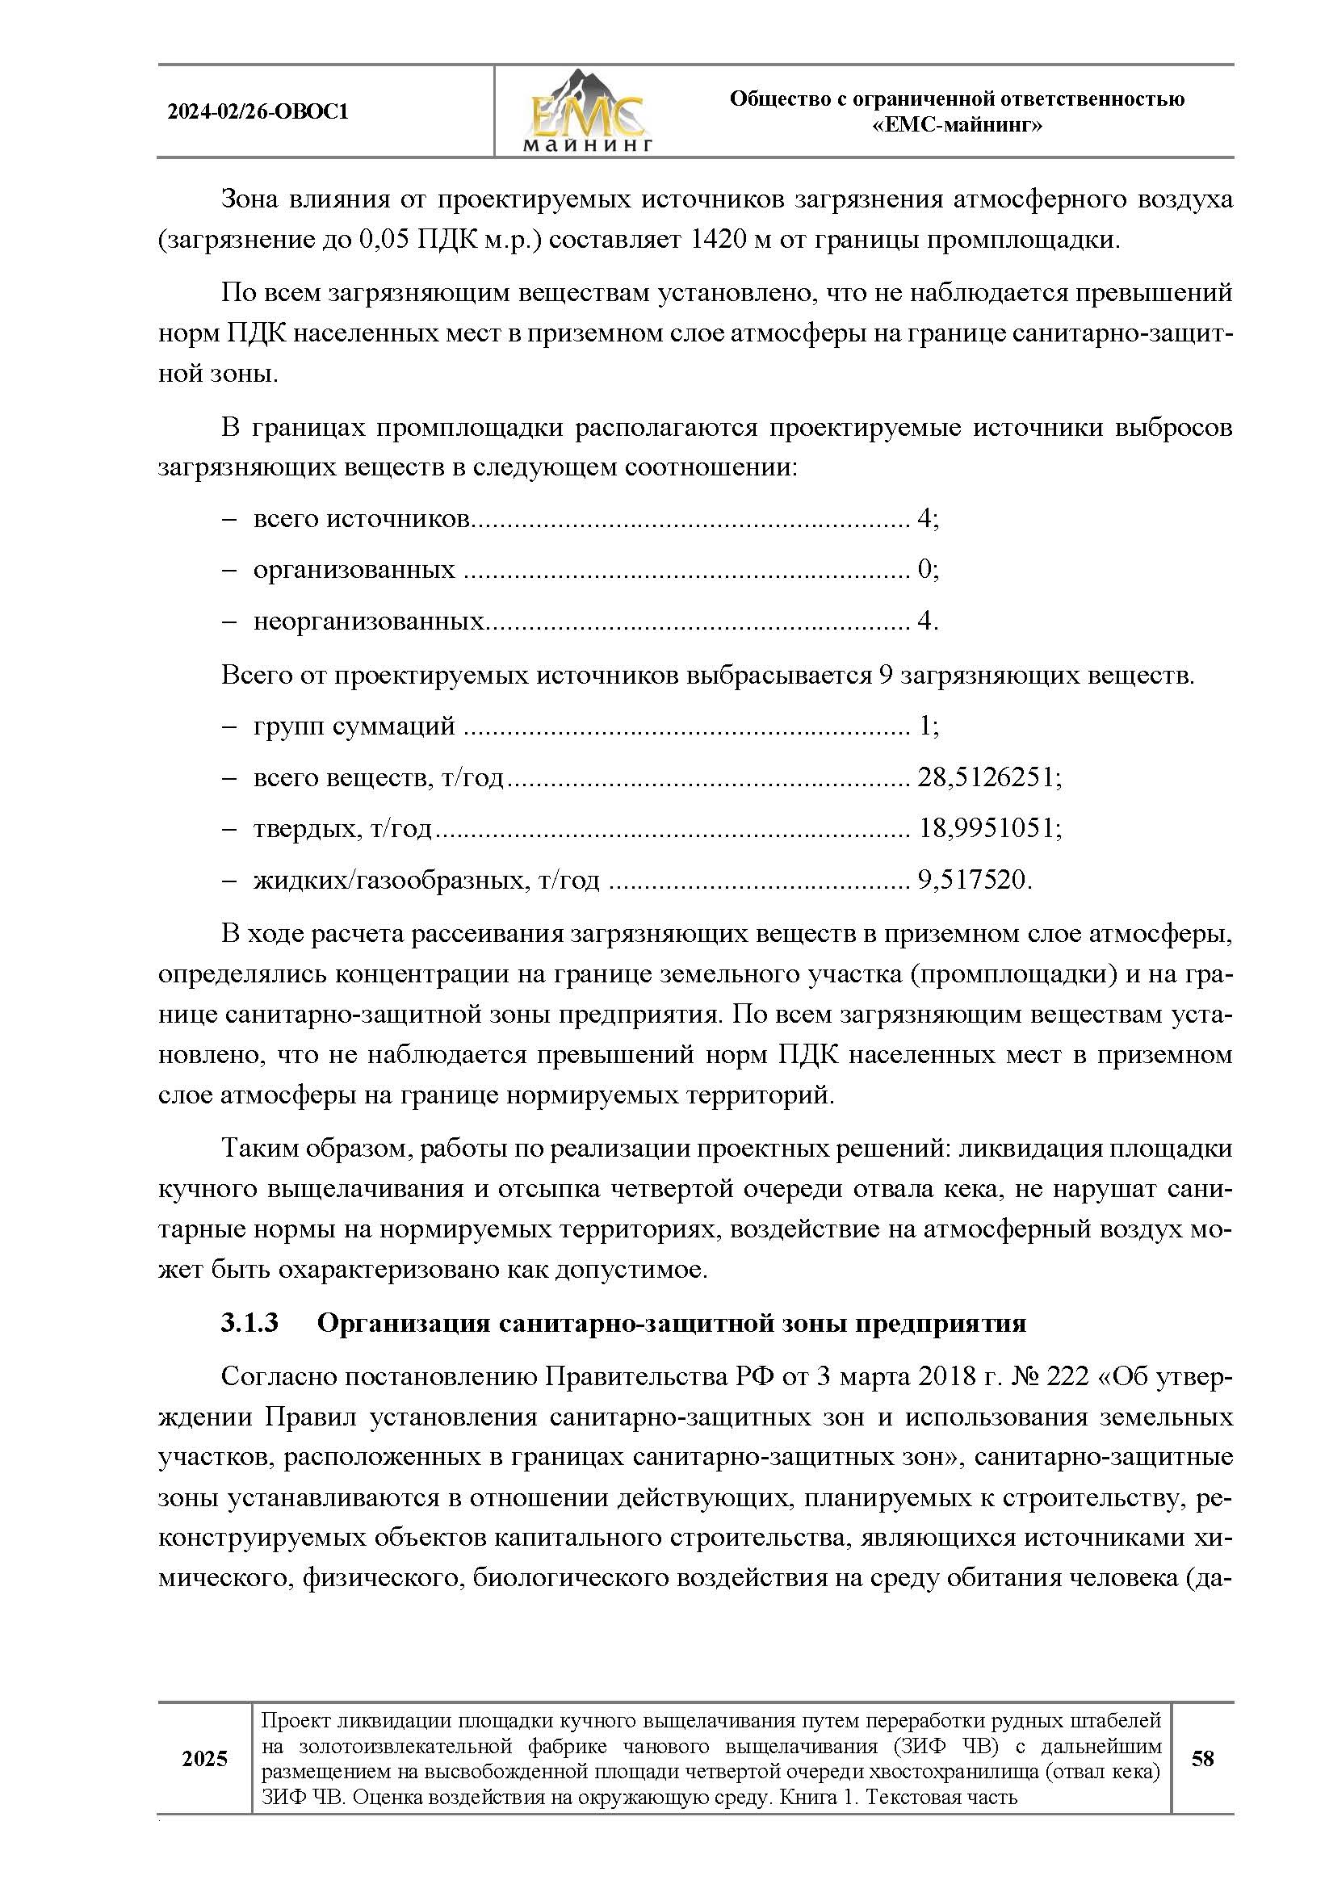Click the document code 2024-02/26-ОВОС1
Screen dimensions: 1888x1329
pyautogui.click(x=258, y=112)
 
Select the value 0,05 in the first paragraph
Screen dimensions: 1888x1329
pyautogui.click(x=384, y=240)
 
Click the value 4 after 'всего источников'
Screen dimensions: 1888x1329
pyautogui.click(x=924, y=519)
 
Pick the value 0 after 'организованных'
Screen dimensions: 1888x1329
pyautogui.click(x=924, y=570)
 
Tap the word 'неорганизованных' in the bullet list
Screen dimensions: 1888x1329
pyautogui.click(x=367, y=621)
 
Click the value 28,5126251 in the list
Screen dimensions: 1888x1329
pyautogui.click(x=985, y=777)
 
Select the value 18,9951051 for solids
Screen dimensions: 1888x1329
pyautogui.click(x=985, y=828)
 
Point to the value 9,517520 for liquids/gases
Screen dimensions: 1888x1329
pyautogui.click(x=971, y=881)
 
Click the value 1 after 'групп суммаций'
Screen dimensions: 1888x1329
pyautogui.click(x=924, y=726)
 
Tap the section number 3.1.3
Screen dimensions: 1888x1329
pyautogui.click(x=249, y=1323)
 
